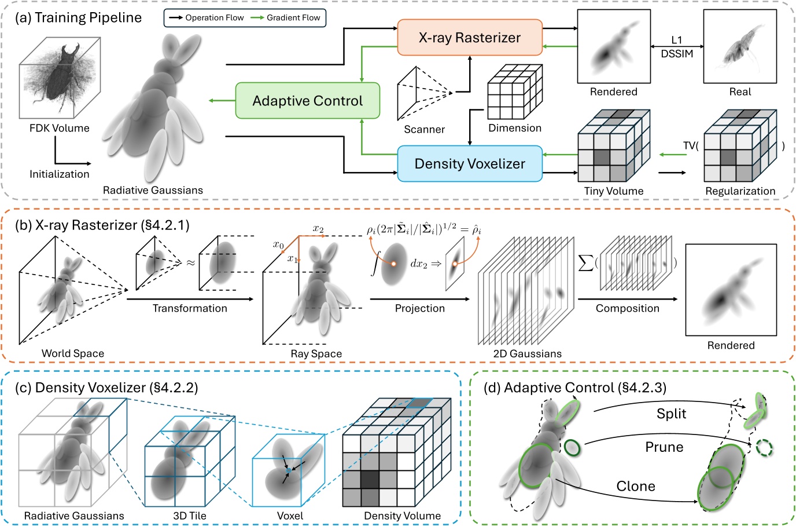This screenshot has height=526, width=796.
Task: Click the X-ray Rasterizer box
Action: tap(469, 38)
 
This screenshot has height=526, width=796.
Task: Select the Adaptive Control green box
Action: tap(307, 101)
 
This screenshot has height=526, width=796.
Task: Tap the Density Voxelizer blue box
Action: tap(469, 164)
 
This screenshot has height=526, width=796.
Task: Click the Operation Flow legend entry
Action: tap(206, 18)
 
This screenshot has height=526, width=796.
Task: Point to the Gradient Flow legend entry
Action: tap(286, 18)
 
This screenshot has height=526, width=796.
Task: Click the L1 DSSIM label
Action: tap(676, 47)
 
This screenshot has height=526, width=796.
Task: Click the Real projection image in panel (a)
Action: tap(739, 46)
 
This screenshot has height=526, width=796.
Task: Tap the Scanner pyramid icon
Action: tap(422, 93)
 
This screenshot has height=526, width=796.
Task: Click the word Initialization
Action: tap(60, 174)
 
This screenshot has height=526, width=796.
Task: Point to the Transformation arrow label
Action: tap(190, 308)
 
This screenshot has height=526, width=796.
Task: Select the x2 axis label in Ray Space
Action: tap(318, 229)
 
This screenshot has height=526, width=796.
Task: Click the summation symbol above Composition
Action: tap(585, 263)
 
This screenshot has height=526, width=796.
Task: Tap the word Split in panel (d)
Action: tap(671, 414)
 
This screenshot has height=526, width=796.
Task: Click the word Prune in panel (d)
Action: tap(664, 447)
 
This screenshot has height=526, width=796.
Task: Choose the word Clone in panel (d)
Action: tap(636, 486)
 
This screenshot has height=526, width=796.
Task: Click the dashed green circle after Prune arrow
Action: tap(764, 447)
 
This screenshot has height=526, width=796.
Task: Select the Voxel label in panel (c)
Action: tap(290, 516)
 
